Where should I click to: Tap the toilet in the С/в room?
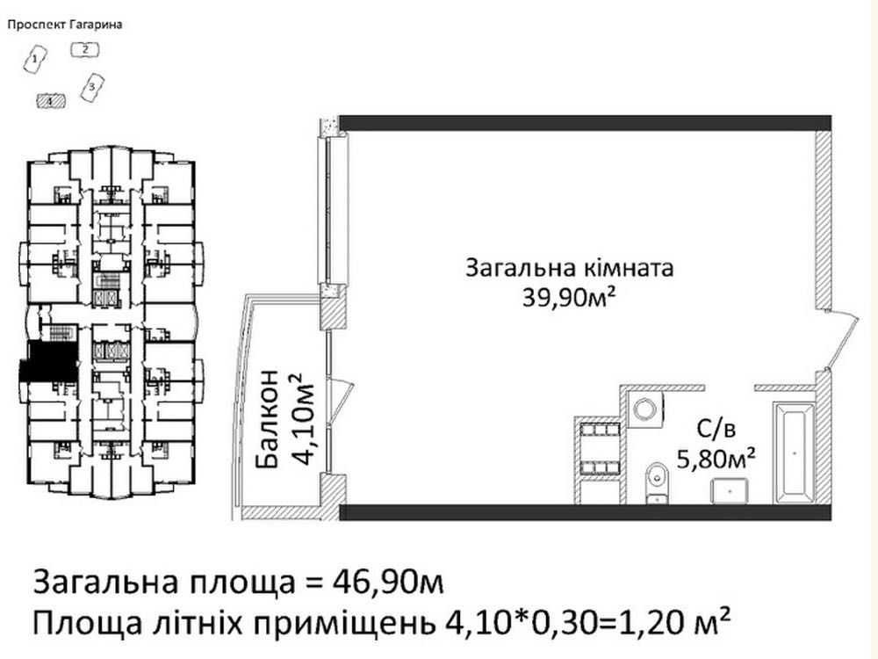(655, 481)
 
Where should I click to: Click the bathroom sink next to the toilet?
(730, 490)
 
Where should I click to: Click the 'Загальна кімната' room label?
(569, 268)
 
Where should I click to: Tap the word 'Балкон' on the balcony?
(270, 417)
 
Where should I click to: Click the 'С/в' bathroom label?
(714, 430)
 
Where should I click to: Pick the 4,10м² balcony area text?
(302, 417)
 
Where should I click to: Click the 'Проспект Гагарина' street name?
(63, 25)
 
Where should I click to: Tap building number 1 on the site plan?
(34, 60)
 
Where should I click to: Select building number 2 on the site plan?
(84, 49)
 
